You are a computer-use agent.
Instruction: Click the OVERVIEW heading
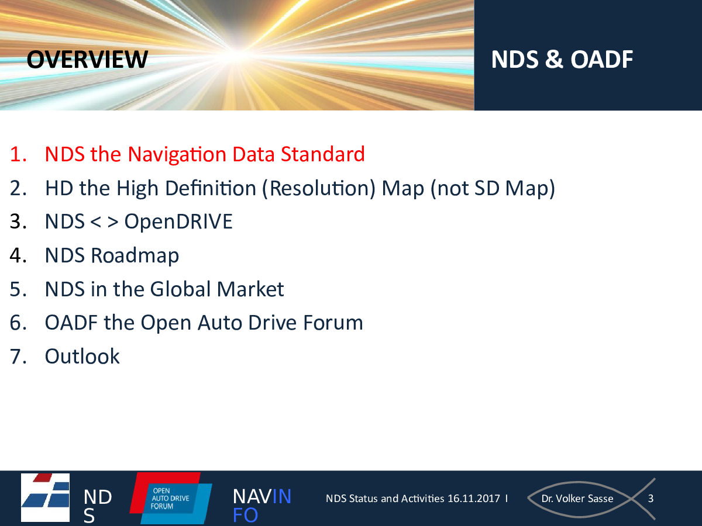click(x=87, y=60)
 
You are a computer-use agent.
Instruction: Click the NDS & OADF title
click(x=562, y=60)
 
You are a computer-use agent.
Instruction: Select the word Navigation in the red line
click(x=177, y=155)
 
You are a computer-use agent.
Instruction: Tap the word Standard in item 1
click(x=323, y=154)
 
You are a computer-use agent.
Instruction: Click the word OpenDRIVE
click(x=178, y=222)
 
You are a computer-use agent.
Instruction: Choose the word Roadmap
click(x=135, y=256)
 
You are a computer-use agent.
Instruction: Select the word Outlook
click(x=82, y=356)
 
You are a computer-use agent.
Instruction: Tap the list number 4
click(x=18, y=255)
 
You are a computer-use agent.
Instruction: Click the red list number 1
click(x=18, y=154)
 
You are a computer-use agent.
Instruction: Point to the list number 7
click(x=18, y=356)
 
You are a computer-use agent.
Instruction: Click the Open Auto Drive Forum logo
click(x=171, y=498)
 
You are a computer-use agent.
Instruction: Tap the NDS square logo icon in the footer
click(x=45, y=497)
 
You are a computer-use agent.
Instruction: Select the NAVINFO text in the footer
click(x=261, y=505)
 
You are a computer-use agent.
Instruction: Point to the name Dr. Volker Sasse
click(x=577, y=499)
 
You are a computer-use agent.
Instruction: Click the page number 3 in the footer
click(x=651, y=499)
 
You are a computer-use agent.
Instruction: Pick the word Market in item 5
click(x=250, y=289)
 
